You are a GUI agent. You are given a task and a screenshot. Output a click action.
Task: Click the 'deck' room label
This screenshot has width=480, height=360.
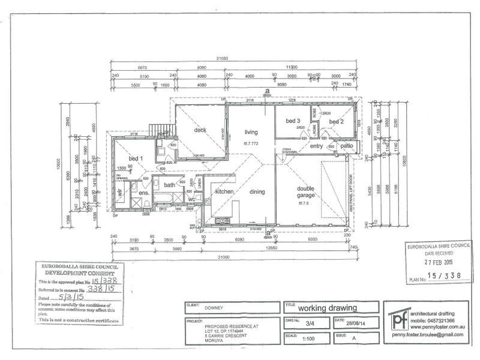pyautogui.click(x=200, y=130)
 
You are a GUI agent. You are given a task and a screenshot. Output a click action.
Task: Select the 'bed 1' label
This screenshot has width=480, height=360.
pyautogui.click(x=136, y=158)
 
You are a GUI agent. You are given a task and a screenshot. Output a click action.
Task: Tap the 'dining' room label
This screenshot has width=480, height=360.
pyautogui.click(x=257, y=191)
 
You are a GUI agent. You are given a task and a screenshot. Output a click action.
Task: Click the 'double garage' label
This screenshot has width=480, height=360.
pyautogui.click(x=305, y=191)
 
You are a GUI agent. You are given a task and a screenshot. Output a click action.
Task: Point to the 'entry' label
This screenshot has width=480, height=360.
pyautogui.click(x=316, y=146)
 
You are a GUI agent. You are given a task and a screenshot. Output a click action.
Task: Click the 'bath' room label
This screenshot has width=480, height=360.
pyautogui.click(x=170, y=185)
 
